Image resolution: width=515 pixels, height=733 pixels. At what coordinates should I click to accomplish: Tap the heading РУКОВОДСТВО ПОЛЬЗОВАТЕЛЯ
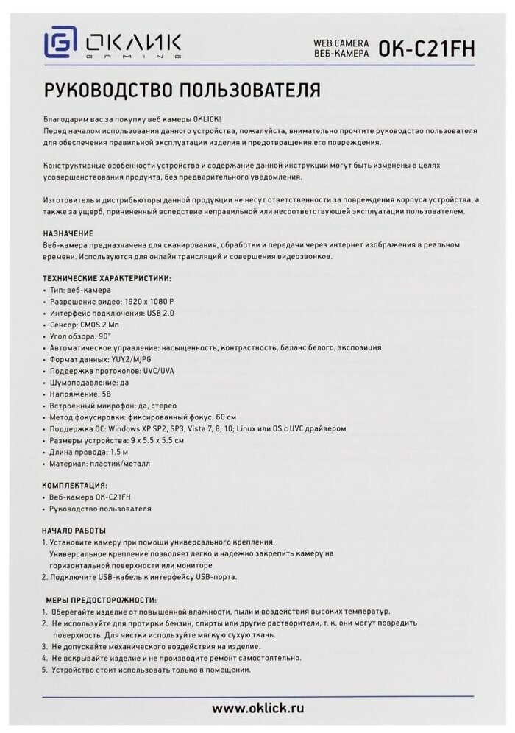tap(182, 91)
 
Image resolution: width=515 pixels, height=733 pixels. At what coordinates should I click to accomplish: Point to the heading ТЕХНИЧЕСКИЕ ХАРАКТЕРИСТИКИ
tap(107, 278)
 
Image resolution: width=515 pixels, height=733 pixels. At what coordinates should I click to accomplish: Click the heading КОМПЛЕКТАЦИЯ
tap(76, 486)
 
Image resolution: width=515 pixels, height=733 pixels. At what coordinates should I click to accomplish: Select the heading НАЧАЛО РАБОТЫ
tap(74, 531)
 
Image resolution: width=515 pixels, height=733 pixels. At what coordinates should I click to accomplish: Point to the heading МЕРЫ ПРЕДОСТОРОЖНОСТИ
tap(101, 600)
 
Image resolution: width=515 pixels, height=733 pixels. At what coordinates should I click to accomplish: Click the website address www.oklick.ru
tap(257, 708)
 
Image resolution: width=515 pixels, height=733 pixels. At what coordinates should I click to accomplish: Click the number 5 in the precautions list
tap(44, 670)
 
